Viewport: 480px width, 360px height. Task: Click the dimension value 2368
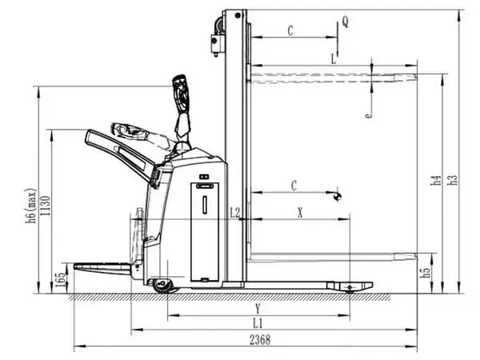tap(259, 340)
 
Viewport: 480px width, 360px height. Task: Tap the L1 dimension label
tap(258, 322)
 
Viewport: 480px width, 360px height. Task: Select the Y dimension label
tap(258, 308)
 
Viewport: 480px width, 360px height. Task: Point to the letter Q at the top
tap(345, 22)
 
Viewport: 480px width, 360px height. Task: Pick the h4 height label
tap(436, 181)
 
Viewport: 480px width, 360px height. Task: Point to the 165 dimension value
tap(61, 281)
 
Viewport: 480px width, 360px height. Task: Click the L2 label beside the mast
tap(235, 213)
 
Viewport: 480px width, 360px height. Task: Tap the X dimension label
tap(300, 213)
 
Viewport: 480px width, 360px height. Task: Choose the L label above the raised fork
tap(333, 58)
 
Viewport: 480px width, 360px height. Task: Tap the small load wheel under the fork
tap(349, 287)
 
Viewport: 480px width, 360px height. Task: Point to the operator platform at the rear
tap(100, 266)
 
